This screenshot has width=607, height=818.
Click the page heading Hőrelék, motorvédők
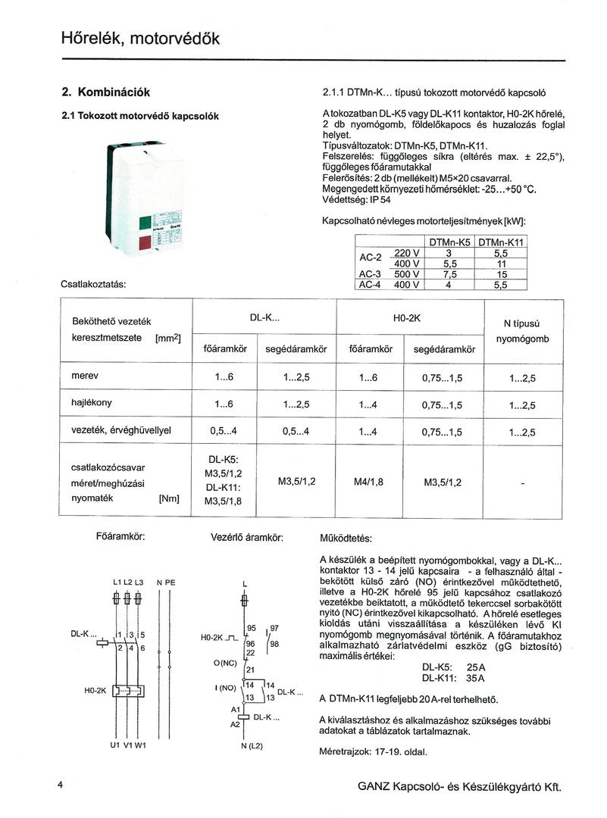point(140,38)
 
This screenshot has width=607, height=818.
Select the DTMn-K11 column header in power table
point(501,242)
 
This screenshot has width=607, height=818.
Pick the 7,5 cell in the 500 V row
point(449,274)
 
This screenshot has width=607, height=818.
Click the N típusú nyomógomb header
point(522,331)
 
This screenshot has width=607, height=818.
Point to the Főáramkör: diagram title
point(121,536)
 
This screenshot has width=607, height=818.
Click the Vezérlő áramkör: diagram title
point(247,538)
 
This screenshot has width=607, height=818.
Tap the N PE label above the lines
point(165,582)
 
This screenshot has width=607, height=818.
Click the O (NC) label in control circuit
point(225,663)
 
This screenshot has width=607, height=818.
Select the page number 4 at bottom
point(60,785)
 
